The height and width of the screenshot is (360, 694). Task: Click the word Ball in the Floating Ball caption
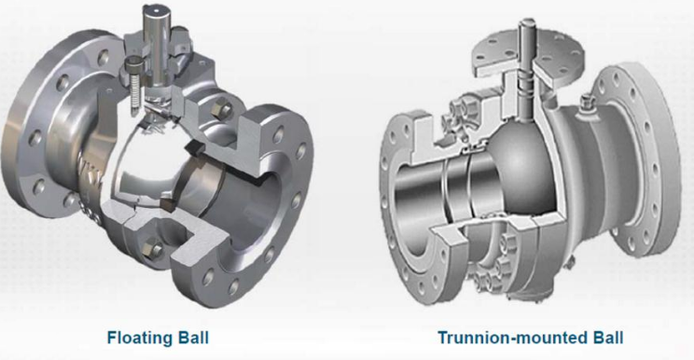196,337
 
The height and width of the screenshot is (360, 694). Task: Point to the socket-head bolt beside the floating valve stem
133,68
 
